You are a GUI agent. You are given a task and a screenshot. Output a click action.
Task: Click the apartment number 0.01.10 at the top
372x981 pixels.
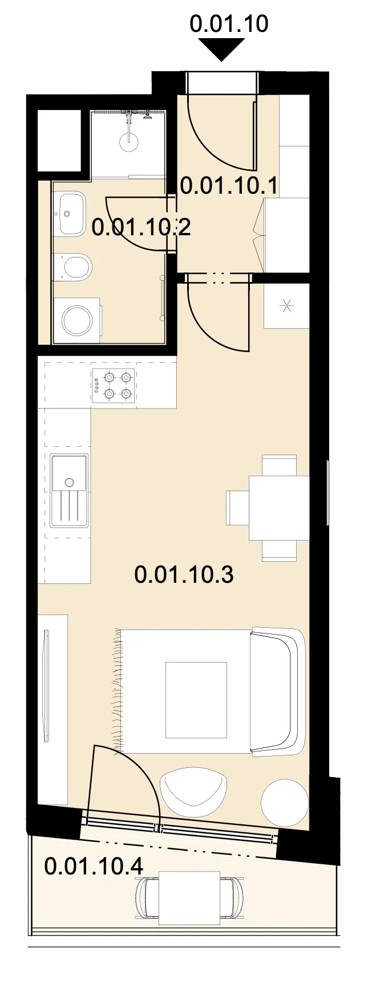(228, 23)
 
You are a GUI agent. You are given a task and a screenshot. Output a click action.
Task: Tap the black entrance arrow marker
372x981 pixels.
(221, 49)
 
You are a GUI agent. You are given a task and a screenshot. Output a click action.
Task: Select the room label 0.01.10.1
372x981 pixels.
(229, 186)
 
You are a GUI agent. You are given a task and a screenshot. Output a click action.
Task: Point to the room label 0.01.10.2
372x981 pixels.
(141, 227)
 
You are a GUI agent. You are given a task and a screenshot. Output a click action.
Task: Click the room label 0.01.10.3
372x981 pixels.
(184, 574)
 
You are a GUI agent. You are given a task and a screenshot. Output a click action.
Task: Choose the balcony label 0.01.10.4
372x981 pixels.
(94, 866)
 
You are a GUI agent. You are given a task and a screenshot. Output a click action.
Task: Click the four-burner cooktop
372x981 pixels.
(114, 385)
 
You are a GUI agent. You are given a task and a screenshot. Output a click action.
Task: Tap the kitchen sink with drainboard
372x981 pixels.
(70, 490)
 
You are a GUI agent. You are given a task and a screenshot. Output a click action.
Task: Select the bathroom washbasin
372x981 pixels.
(69, 214)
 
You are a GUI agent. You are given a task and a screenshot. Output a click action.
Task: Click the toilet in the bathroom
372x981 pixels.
(72, 267)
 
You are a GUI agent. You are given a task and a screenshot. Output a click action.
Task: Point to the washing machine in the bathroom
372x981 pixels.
(76, 320)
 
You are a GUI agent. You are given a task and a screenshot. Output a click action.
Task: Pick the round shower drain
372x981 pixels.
(130, 142)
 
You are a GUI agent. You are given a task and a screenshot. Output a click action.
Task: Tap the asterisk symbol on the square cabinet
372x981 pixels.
(287, 306)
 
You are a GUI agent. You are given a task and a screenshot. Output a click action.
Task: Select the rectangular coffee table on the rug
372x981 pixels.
(196, 700)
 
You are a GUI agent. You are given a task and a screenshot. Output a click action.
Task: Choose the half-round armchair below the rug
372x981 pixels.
(192, 791)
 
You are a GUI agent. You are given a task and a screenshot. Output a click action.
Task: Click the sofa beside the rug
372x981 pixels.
(277, 691)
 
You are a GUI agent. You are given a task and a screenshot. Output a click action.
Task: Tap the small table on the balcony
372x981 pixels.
(189, 898)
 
